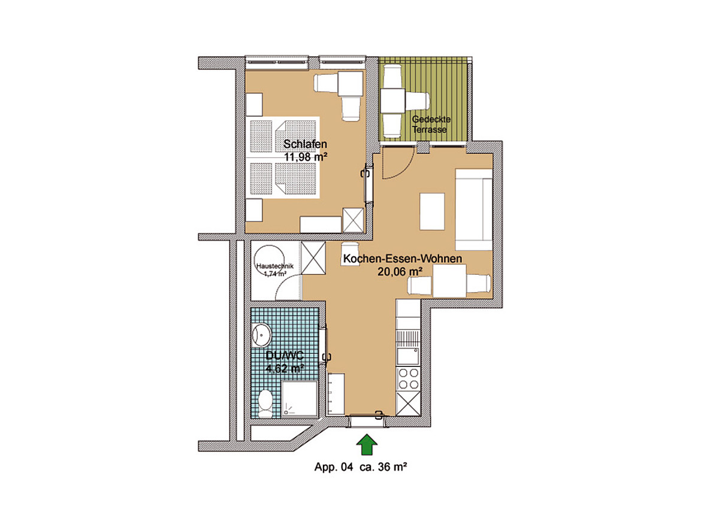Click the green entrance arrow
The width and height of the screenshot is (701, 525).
(x=367, y=445)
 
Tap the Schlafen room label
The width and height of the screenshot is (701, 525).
(x=306, y=144)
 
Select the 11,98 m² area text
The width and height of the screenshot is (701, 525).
(x=306, y=157)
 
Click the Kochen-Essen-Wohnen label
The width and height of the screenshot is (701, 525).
(x=403, y=259)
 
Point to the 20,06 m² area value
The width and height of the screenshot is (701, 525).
(x=400, y=271)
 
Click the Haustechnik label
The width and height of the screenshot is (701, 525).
(x=275, y=266)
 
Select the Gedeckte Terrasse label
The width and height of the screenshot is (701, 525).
(x=431, y=125)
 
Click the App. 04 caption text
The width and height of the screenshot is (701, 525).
(x=334, y=468)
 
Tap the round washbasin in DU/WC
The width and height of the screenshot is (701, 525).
(x=262, y=335)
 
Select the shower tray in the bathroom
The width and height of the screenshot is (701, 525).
(x=300, y=399)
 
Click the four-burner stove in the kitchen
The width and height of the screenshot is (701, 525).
(x=409, y=379)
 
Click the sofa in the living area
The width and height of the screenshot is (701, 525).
(x=474, y=209)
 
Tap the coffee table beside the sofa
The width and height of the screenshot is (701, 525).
(x=433, y=212)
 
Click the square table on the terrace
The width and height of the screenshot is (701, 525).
(x=393, y=101)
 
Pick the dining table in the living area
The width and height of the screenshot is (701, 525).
(x=450, y=281)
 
